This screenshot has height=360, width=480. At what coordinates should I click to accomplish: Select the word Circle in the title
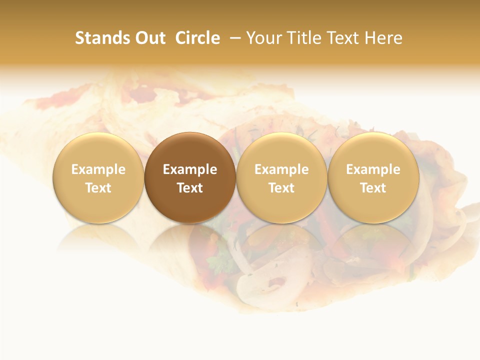pyautogui.click(x=197, y=38)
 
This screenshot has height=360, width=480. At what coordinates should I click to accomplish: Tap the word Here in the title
pyautogui.click(x=383, y=38)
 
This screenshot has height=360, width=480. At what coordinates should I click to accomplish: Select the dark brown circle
pyautogui.click(x=190, y=177)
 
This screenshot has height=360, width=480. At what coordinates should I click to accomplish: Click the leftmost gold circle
pyautogui.click(x=98, y=177)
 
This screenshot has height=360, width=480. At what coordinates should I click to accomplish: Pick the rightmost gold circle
pyautogui.click(x=373, y=177)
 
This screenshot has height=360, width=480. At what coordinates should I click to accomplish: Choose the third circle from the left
pyautogui.click(x=281, y=177)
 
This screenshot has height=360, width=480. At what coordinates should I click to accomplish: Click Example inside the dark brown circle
pyautogui.click(x=190, y=169)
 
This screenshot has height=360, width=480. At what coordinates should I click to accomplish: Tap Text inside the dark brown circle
pyautogui.click(x=190, y=188)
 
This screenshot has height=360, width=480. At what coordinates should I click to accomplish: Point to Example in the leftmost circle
pyautogui.click(x=98, y=169)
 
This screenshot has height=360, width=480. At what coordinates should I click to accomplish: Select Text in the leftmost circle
pyautogui.click(x=98, y=188)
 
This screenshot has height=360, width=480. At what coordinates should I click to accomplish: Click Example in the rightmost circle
pyautogui.click(x=373, y=169)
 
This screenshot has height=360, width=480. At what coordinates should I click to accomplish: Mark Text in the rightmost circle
pyautogui.click(x=373, y=188)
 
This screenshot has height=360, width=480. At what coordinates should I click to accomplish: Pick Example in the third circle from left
pyautogui.click(x=281, y=169)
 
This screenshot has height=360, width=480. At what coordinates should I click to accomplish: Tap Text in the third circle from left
pyautogui.click(x=281, y=188)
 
